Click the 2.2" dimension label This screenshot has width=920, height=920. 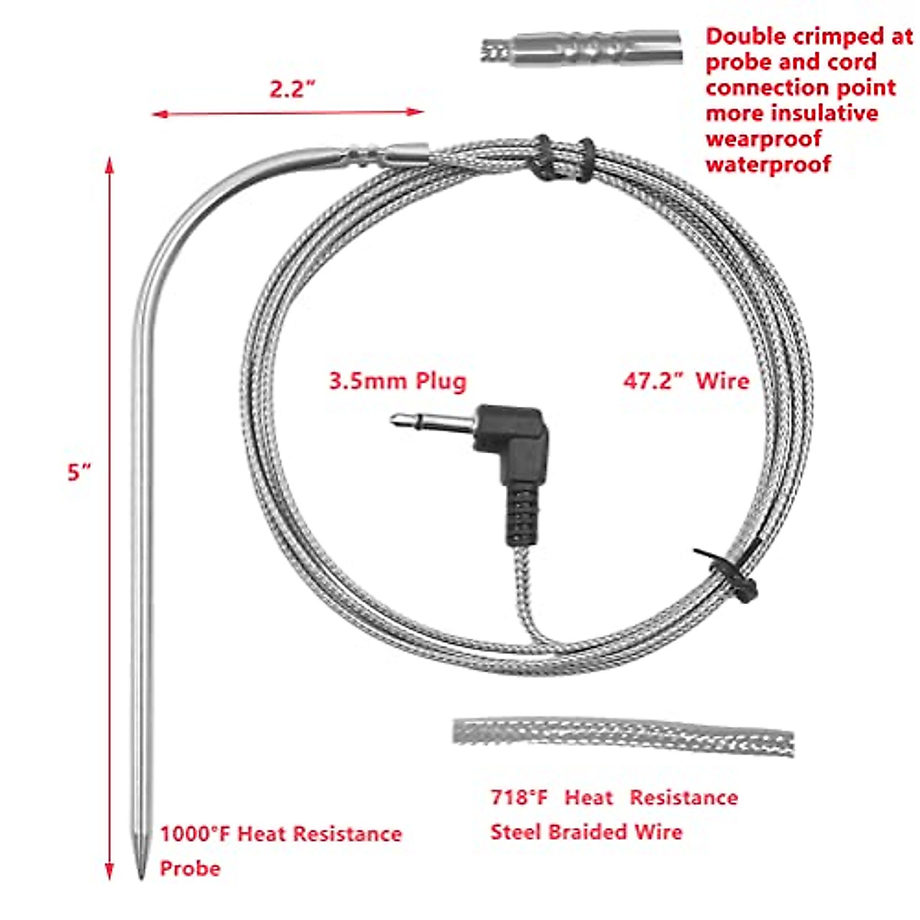(292, 90)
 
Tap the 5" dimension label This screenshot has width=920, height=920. (79, 472)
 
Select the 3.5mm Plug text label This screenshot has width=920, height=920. (397, 381)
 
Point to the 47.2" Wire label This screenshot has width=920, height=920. (685, 381)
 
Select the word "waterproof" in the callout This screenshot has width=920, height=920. (768, 164)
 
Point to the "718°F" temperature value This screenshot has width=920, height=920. (519, 798)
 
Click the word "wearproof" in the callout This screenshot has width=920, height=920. (763, 139)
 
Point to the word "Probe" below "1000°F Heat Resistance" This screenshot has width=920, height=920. (189, 869)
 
